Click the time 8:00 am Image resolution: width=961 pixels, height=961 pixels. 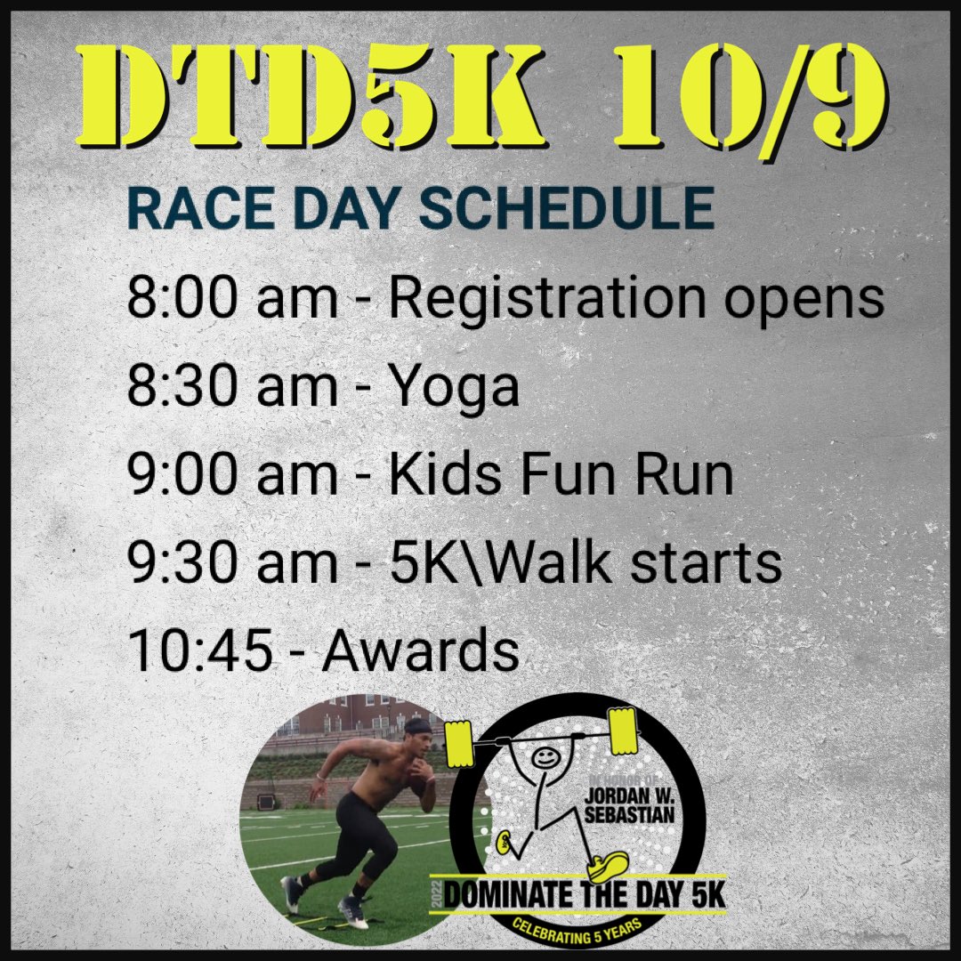point(232,300)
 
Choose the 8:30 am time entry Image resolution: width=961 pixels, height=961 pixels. point(232,388)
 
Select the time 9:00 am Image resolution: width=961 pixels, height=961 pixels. point(232,476)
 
